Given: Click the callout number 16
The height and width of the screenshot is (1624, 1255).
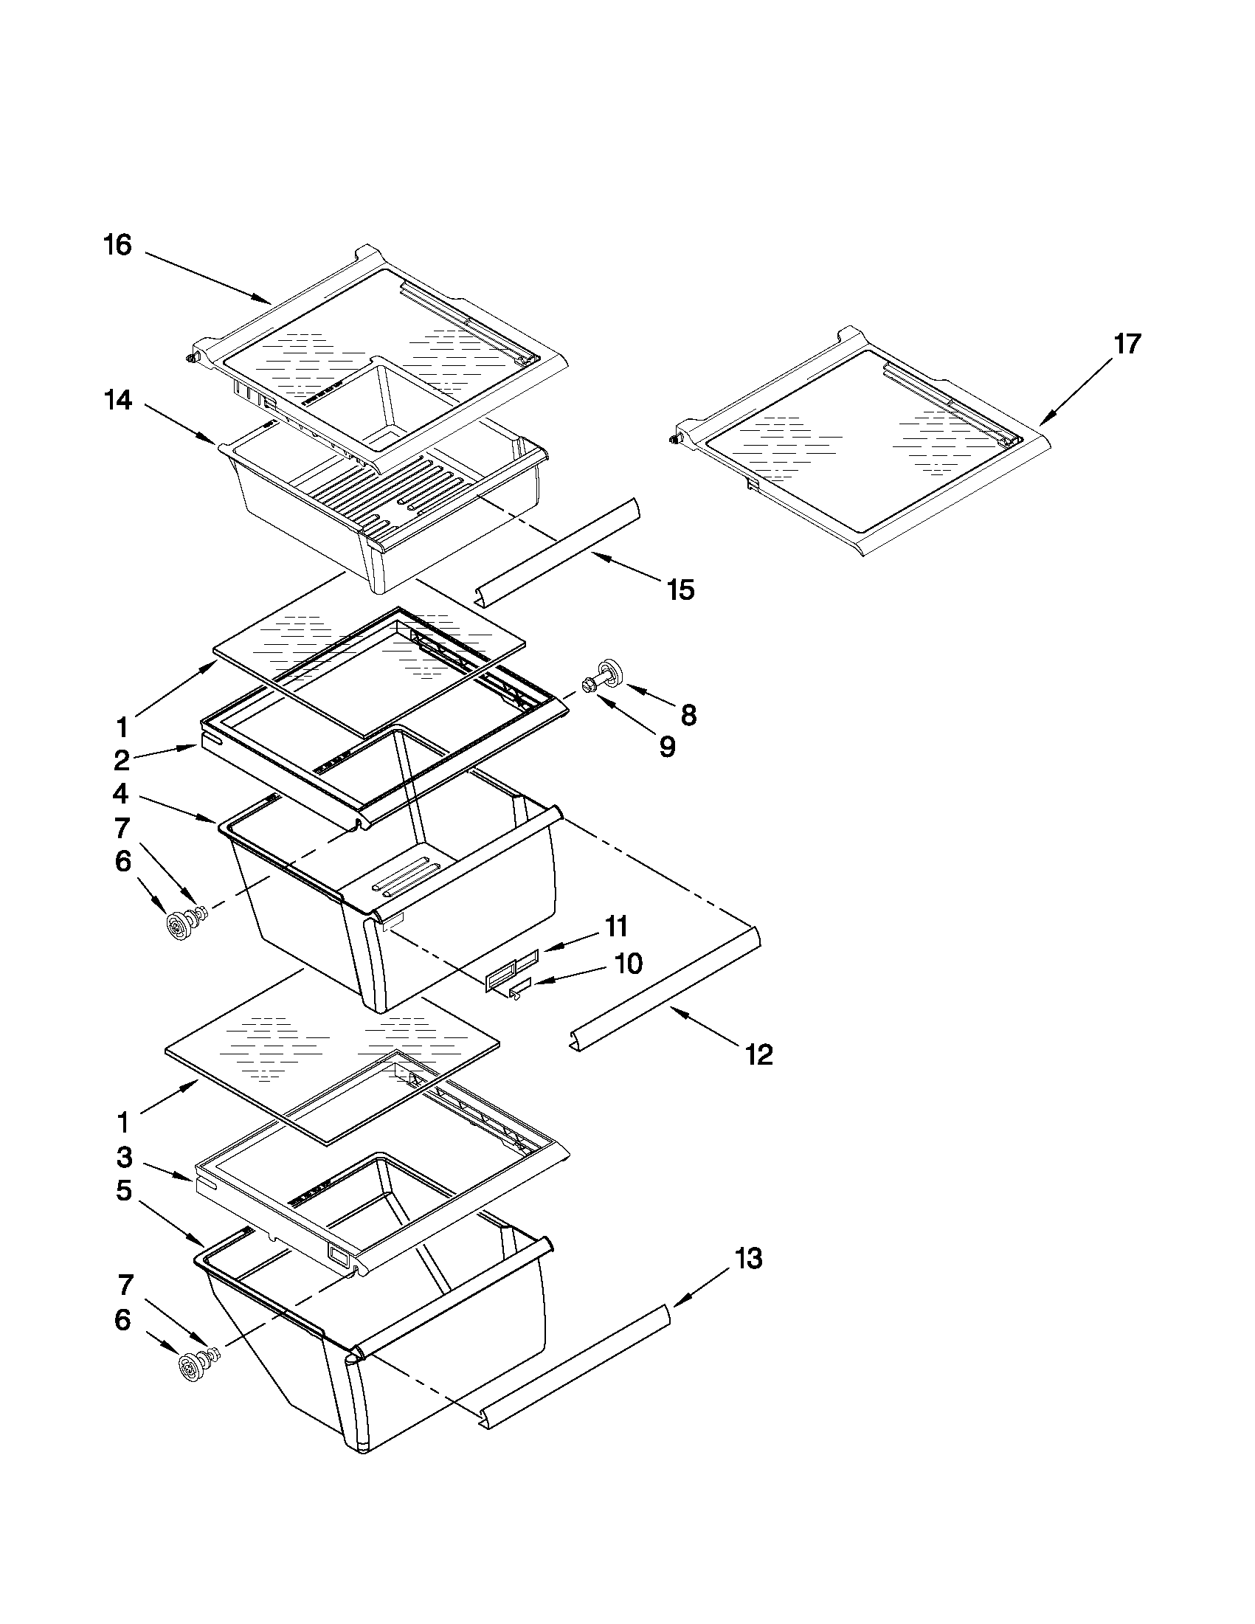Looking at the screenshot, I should [117, 246].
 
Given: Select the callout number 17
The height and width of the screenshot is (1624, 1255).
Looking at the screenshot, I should [1127, 345].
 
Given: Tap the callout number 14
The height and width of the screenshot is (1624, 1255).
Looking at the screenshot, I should [117, 401].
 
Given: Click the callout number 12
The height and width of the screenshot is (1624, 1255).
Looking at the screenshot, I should [759, 1054].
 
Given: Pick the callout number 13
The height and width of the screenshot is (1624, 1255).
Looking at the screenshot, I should [748, 1259].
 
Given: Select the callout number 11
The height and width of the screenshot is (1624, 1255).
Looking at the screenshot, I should [615, 927].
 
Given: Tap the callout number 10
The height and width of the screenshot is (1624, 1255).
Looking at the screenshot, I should [629, 964].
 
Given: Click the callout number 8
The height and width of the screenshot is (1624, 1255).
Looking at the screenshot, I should [688, 715].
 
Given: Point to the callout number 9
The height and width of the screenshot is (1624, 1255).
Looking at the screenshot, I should [667, 747].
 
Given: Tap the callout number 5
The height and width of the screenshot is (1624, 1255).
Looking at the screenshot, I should [123, 1191].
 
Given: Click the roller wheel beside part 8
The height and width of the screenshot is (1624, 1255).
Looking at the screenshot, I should [612, 669].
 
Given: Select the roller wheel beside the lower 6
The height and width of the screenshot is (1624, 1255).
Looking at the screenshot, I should [192, 1366].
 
